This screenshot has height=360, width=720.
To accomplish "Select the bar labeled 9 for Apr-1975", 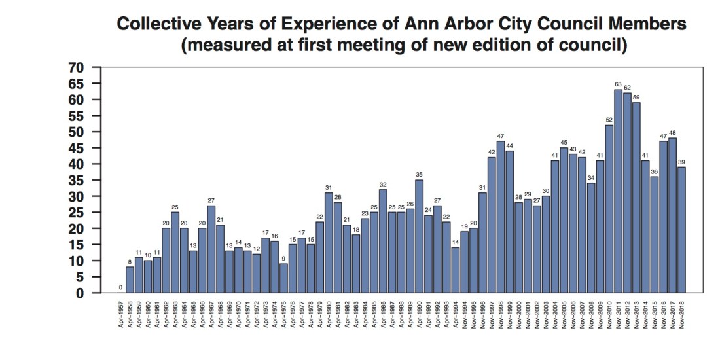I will [x=283, y=278].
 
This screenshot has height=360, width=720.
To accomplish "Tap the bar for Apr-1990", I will [x=419, y=236].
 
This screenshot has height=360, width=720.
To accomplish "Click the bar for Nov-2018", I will [x=681, y=230].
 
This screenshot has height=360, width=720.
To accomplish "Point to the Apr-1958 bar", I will [x=130, y=280].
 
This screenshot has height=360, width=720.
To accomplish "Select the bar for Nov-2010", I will [x=609, y=209].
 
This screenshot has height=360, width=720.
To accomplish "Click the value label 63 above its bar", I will [x=618, y=84].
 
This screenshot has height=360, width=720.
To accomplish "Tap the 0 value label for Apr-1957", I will [x=120, y=287].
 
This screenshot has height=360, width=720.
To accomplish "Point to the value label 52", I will [x=609, y=119].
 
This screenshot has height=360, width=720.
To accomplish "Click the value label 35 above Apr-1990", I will [x=419, y=174].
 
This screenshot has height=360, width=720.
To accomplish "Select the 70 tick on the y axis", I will [x=77, y=67].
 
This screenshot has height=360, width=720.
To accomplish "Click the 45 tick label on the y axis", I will [x=77, y=148].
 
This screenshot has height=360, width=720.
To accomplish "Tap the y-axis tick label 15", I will [x=77, y=245].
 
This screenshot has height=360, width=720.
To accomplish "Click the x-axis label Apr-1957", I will [x=121, y=314].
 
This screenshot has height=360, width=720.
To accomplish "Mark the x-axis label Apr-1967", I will [x=211, y=314].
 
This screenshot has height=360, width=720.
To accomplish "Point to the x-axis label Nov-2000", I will [x=519, y=314].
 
